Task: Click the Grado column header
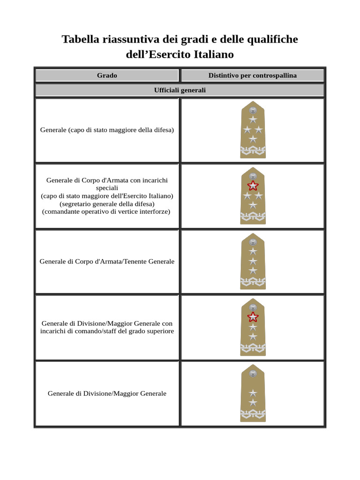click(x=107, y=75)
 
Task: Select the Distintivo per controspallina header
click(x=252, y=75)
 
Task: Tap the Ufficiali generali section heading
click(x=180, y=90)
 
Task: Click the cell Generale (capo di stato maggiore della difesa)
click(x=107, y=130)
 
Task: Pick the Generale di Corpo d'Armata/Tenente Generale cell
click(x=107, y=261)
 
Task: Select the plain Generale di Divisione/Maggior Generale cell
click(x=107, y=393)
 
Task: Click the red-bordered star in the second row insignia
click(x=253, y=186)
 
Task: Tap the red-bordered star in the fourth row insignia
click(x=253, y=317)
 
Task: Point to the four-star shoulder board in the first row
click(x=253, y=130)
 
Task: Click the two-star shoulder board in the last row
click(x=253, y=393)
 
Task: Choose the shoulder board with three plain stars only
click(x=253, y=261)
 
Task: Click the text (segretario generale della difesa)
click(x=107, y=204)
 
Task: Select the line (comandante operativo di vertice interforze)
click(x=107, y=211)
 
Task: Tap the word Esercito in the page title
click(x=180, y=54)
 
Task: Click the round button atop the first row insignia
click(x=253, y=110)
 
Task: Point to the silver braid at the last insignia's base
click(x=253, y=413)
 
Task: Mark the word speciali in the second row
click(x=107, y=187)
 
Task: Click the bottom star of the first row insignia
click(x=253, y=139)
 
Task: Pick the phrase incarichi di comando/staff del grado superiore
click(x=107, y=331)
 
